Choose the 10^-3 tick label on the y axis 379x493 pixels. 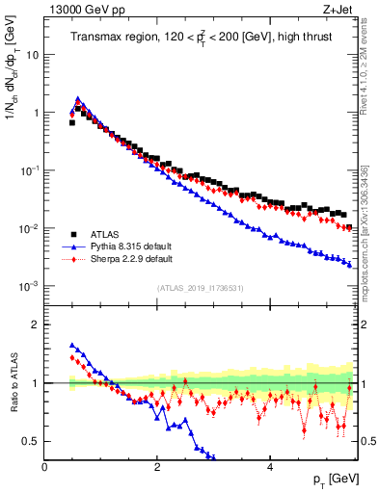[28, 287]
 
